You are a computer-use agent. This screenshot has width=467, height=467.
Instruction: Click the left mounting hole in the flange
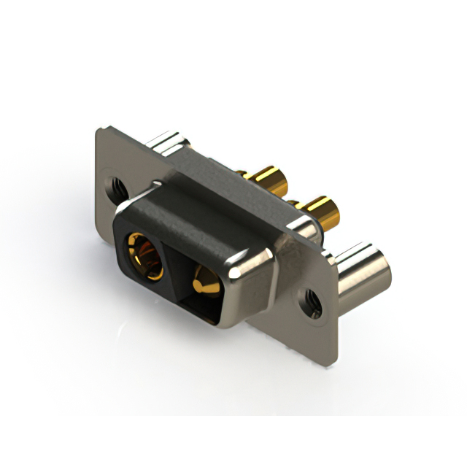(115, 183)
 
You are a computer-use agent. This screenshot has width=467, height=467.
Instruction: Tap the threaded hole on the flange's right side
(312, 301)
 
